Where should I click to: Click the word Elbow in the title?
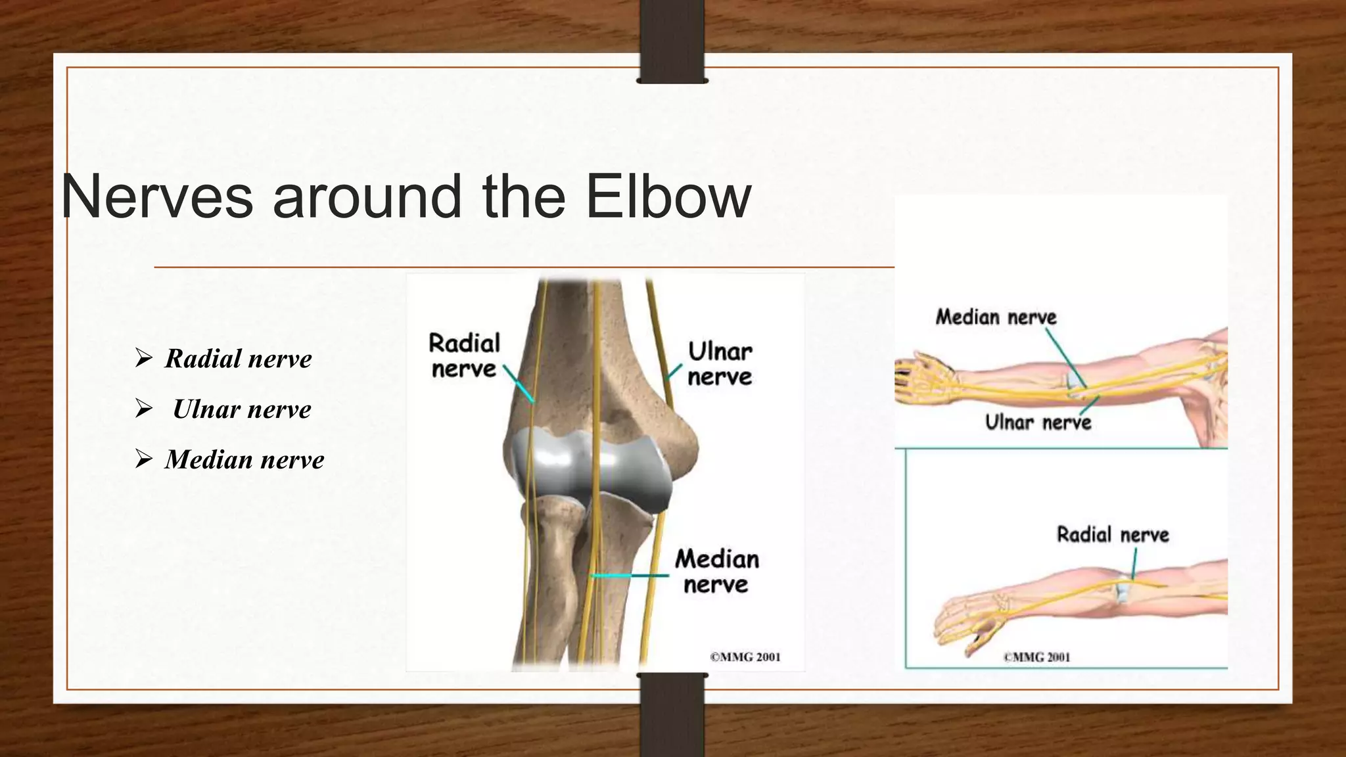pyautogui.click(x=668, y=196)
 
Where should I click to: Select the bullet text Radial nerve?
pyautogui.click(x=238, y=359)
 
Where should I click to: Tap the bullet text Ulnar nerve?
pyautogui.click(x=242, y=409)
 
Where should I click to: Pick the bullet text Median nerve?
pyautogui.click(x=244, y=460)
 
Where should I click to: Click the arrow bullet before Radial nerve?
pyautogui.click(x=143, y=358)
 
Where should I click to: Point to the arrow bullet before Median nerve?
pyautogui.click(x=143, y=459)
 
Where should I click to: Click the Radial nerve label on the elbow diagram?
pyautogui.click(x=464, y=356)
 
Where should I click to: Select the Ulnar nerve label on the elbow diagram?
pyautogui.click(x=720, y=363)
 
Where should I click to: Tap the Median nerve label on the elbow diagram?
pyautogui.click(x=716, y=571)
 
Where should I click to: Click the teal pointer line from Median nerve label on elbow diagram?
pyautogui.click(x=631, y=576)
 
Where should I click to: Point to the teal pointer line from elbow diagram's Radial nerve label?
pyautogui.click(x=519, y=384)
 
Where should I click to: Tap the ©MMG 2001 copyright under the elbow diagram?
pyautogui.click(x=745, y=656)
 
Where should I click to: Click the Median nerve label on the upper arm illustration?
pyautogui.click(x=996, y=317)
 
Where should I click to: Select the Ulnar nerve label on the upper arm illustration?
pyautogui.click(x=1038, y=422)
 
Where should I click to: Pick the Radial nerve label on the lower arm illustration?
pyautogui.click(x=1113, y=534)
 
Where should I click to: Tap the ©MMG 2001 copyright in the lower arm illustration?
pyautogui.click(x=1036, y=656)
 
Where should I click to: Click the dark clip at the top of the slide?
pyautogui.click(x=672, y=41)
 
